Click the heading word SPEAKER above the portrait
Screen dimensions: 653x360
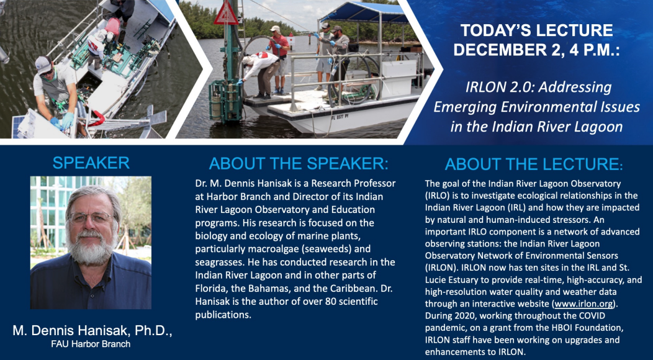point(91,163)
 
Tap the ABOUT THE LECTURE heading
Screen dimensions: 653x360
point(533,164)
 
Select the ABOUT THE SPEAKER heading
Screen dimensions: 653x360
point(299,164)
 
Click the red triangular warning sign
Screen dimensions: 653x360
point(226,12)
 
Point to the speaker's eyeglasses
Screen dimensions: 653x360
point(91,217)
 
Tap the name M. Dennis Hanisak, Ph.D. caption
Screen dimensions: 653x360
point(92,331)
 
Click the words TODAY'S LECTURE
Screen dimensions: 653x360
point(537,30)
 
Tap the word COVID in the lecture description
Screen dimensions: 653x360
point(592,315)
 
